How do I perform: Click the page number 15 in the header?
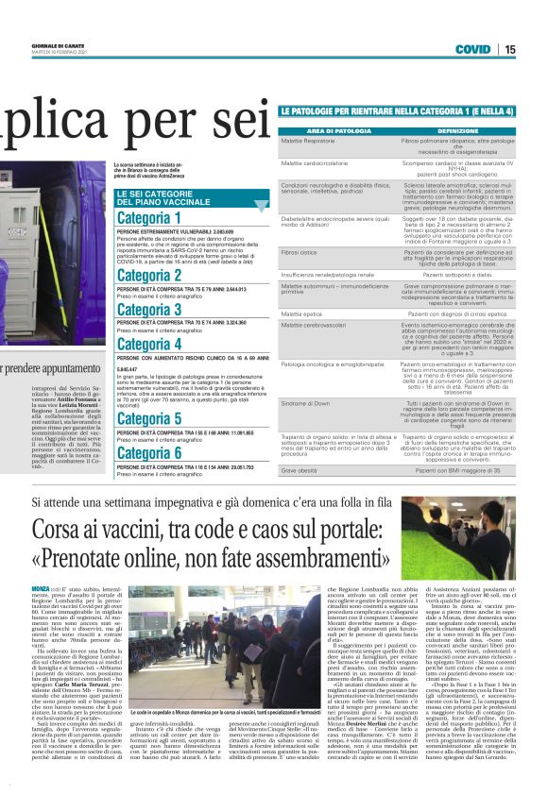pyautogui.click(x=536, y=49)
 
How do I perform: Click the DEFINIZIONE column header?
pyautogui.click(x=457, y=130)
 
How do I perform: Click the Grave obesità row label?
pyautogui.click(x=300, y=469)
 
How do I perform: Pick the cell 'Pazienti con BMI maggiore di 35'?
pyautogui.click(x=457, y=469)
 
